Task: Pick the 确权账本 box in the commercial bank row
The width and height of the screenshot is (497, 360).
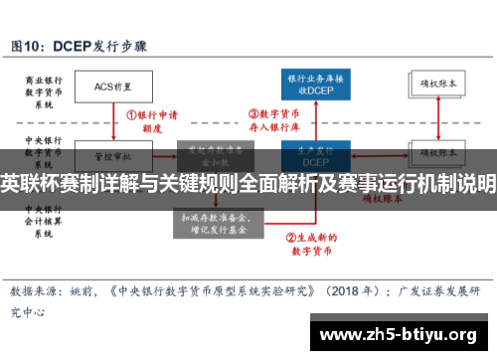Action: (437, 86)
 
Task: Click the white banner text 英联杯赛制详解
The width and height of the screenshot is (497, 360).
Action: (60, 184)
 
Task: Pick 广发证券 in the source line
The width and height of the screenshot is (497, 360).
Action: (419, 292)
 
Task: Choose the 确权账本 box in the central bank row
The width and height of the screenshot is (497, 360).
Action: (437, 155)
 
